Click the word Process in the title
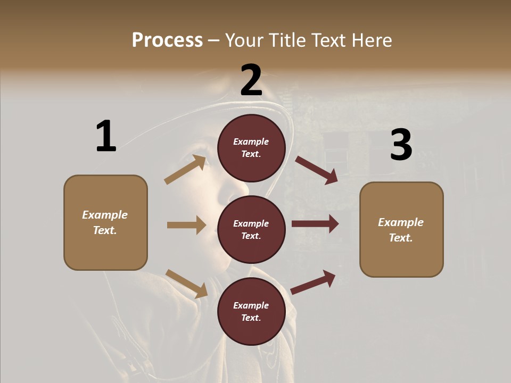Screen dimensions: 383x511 point(167,40)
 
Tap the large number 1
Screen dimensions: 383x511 point(106,136)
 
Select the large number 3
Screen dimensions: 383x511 point(401,145)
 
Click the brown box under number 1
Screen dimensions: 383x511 point(105,222)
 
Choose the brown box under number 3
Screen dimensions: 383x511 point(401,230)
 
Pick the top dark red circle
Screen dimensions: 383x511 point(251,148)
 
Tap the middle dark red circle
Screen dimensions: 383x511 point(251,229)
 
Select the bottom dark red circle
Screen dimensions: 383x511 point(251,311)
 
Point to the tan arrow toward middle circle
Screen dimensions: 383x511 point(186,225)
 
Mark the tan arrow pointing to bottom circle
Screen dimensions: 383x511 point(186,284)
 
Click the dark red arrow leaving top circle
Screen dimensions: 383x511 point(316,170)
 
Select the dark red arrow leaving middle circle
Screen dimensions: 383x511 point(315,224)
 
